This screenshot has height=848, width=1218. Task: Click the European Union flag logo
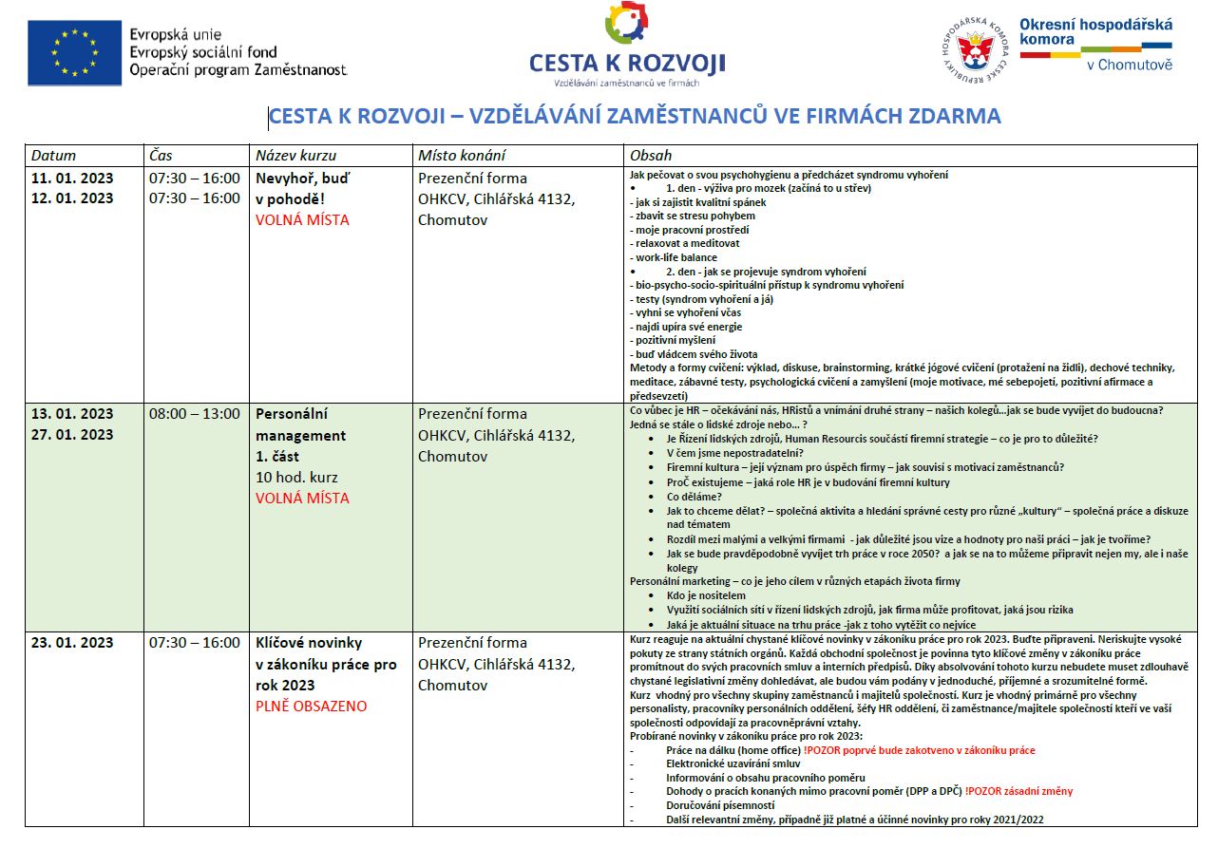point(74,51)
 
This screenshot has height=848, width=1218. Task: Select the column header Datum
point(53,156)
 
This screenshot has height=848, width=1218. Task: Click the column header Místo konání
point(462,156)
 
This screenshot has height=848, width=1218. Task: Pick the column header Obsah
point(650,156)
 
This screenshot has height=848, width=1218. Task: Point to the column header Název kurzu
point(295,156)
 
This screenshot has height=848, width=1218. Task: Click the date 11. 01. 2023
point(72,178)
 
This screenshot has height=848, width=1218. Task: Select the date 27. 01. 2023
point(72,435)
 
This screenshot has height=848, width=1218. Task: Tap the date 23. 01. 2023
point(72,643)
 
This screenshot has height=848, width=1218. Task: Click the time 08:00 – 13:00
point(195,414)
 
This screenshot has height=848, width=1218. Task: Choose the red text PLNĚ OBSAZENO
point(311,707)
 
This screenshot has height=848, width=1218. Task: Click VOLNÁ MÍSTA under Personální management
point(302,498)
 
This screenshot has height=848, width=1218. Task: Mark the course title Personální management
point(300,424)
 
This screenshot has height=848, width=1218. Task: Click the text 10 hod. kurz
point(296,477)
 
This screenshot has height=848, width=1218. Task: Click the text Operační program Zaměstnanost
point(238,70)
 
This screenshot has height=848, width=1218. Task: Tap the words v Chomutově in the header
point(1129,65)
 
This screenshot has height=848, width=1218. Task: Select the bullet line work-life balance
point(676,257)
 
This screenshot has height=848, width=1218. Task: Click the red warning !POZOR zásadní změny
point(1018,791)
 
